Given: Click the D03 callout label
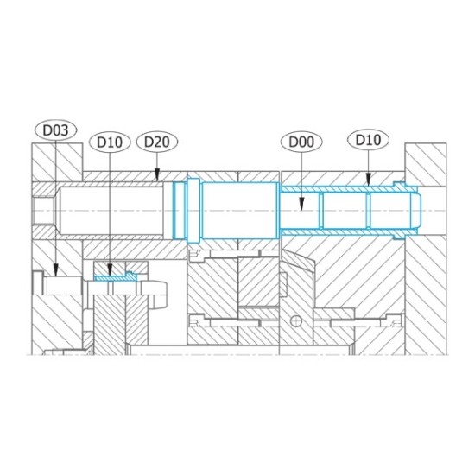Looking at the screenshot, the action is (56, 130).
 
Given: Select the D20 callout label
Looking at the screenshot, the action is (157, 142).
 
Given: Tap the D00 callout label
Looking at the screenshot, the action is (301, 142).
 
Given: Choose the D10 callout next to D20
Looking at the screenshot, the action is (110, 142).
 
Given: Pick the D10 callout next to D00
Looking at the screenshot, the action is (368, 140).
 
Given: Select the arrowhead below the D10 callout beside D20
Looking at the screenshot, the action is (110, 269).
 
